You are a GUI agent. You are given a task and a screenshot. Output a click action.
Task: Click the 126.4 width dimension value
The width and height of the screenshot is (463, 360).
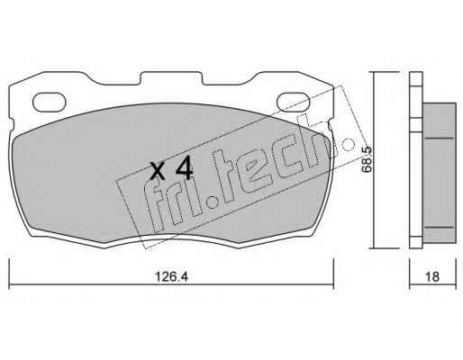tap(171, 276)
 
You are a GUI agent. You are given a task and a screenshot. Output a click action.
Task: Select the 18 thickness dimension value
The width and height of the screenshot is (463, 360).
tap(432, 276)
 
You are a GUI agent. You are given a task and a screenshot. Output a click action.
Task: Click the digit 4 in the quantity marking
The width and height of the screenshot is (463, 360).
tap(184, 169)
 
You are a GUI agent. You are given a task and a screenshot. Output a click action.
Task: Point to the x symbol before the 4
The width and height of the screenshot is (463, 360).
tap(158, 171)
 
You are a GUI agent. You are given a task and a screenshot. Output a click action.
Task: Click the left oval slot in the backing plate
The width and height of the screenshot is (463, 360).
tap(49, 102)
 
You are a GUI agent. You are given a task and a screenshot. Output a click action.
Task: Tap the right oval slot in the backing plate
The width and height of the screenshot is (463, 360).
tap(293, 102)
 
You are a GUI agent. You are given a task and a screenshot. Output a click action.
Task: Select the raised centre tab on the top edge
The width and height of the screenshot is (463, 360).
tap(171, 77)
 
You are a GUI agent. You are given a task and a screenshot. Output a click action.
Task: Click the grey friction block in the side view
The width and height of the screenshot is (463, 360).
tap(440, 173)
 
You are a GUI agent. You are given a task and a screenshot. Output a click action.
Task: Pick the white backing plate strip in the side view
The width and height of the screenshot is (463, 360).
tap(416, 160)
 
